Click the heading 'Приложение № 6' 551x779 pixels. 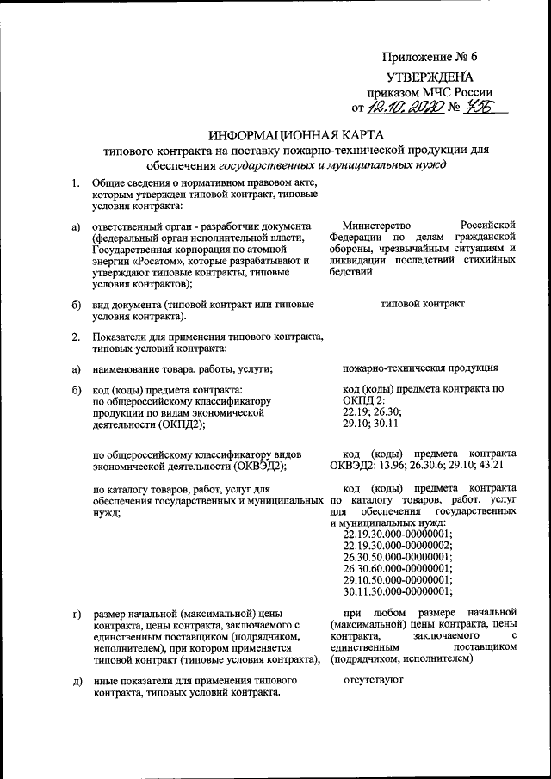tap(429, 58)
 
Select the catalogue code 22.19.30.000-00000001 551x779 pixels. tap(396, 533)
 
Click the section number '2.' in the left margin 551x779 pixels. tap(76, 337)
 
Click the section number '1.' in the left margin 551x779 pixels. tap(76, 183)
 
